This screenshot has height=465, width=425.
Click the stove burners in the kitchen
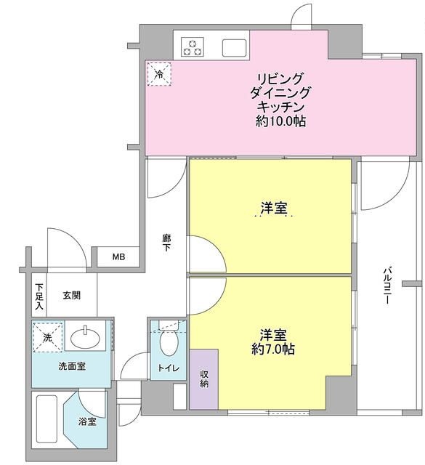(193, 46)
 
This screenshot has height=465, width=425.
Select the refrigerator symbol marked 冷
(158, 73)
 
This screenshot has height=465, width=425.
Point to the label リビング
(280, 79)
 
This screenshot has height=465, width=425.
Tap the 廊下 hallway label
(166, 242)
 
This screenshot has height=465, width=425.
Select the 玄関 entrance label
(71, 295)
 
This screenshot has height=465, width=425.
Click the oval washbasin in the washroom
(88, 338)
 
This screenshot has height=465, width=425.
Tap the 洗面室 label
(71, 366)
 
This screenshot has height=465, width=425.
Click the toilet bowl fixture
(167, 339)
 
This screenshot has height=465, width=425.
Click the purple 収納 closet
(203, 379)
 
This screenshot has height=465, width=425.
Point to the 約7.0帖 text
(274, 349)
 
